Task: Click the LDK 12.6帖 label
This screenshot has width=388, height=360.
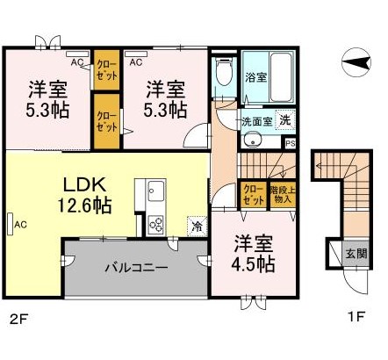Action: click(x=84, y=196)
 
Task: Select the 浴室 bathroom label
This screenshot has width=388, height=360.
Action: click(x=256, y=77)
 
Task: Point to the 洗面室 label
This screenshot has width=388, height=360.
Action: click(x=256, y=121)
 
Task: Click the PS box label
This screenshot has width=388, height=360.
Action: click(x=290, y=141)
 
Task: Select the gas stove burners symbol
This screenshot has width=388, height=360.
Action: click(x=156, y=223)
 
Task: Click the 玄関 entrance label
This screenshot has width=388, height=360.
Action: click(x=354, y=254)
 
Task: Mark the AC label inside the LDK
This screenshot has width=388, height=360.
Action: click(x=18, y=225)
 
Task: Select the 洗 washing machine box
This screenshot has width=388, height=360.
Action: click(x=285, y=120)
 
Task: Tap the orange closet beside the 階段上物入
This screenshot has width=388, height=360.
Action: click(x=252, y=194)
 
